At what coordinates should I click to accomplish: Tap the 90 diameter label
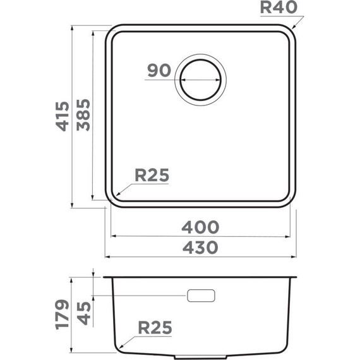click(159, 70)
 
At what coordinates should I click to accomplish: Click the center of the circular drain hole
click(202, 80)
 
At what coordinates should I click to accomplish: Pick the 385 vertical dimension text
click(82, 116)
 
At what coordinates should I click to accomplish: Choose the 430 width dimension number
click(201, 247)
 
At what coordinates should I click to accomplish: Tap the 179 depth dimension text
click(61, 315)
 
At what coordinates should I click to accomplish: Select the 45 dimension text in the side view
click(82, 314)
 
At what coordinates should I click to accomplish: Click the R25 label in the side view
click(155, 328)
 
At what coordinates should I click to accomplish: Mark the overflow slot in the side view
click(201, 296)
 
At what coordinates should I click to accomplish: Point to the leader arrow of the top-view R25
click(124, 188)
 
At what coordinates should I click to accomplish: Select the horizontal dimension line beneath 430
click(201, 258)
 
